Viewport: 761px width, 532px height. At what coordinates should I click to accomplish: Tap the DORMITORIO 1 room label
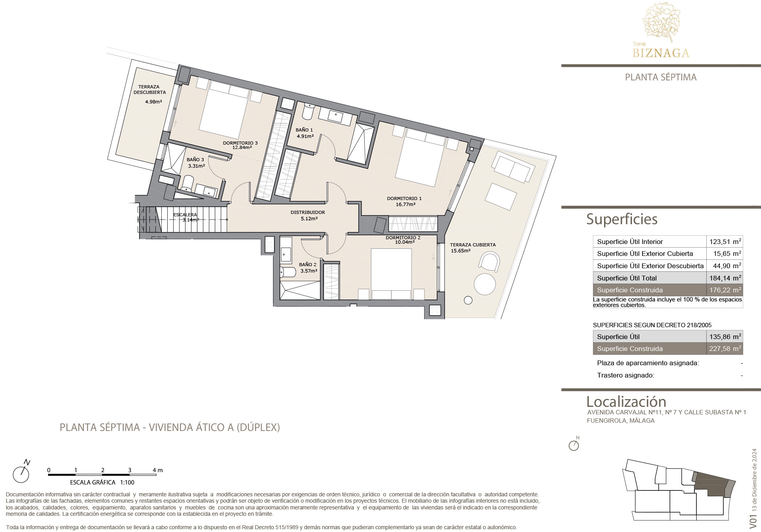tap(404, 198)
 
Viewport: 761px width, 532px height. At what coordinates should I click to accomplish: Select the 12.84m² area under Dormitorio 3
tap(242, 148)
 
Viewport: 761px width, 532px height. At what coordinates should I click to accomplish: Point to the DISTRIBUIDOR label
tap(308, 212)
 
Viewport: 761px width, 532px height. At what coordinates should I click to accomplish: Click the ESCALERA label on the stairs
tap(185, 215)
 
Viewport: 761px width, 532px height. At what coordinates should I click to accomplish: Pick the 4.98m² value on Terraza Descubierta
tap(153, 102)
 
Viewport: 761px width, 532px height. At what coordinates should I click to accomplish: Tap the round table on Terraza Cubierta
tap(485, 284)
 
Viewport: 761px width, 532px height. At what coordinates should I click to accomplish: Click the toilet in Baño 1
tap(308, 112)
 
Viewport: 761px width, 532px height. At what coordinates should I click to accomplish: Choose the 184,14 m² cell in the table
tap(725, 278)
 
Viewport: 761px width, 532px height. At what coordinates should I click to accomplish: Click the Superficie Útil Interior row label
tap(630, 242)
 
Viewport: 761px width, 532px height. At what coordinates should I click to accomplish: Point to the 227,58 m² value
tap(725, 349)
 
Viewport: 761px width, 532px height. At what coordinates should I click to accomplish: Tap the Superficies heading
tap(622, 219)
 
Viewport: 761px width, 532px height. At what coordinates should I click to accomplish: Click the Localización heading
tap(626, 402)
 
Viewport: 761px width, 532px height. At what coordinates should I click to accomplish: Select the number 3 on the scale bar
tap(130, 470)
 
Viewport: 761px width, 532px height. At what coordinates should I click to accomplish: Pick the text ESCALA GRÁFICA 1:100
tap(102, 482)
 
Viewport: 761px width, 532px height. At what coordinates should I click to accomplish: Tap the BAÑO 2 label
tap(308, 265)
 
